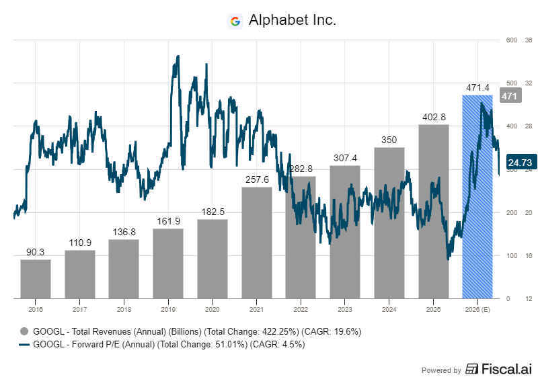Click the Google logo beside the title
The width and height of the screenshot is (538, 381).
pyautogui.click(x=235, y=21)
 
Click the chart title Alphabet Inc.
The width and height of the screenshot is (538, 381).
pyautogui.click(x=292, y=21)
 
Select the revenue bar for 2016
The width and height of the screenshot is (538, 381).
pyautogui.click(x=35, y=278)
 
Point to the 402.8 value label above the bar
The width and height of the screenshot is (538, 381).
pyautogui.click(x=433, y=117)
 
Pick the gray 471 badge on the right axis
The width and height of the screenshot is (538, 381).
pyautogui.click(x=509, y=96)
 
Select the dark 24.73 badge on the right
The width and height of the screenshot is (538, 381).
pyautogui.click(x=519, y=162)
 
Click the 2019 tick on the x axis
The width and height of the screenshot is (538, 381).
pyautogui.click(x=168, y=309)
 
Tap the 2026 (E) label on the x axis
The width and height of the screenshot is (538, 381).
pyautogui.click(x=477, y=309)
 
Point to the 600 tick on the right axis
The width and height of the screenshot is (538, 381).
pyautogui.click(x=510, y=40)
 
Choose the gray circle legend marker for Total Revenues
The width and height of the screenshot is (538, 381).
pyautogui.click(x=24, y=331)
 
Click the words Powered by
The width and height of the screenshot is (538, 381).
pyautogui.click(x=441, y=370)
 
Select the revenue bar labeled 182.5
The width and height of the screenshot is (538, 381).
pyautogui.click(x=212, y=259)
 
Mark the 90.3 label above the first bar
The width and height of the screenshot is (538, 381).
pyautogui.click(x=35, y=252)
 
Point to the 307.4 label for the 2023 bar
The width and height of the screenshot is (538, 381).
pyautogui.click(x=344, y=158)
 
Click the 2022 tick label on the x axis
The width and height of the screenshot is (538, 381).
pyautogui.click(x=301, y=309)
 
